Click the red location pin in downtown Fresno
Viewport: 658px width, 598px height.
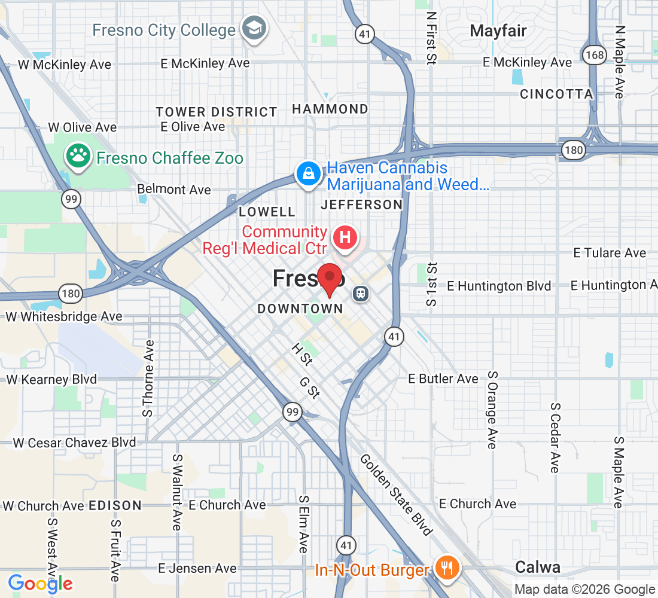click(x=329, y=279)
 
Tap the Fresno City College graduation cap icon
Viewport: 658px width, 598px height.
click(x=254, y=28)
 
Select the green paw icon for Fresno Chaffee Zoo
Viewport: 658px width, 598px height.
click(x=78, y=156)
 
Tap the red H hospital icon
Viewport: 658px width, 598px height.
click(x=345, y=237)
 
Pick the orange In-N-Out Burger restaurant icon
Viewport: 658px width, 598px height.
click(x=446, y=566)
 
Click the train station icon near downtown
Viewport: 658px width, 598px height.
click(x=361, y=293)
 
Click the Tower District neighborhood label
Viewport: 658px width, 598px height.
click(x=217, y=112)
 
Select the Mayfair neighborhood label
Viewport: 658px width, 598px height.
click(x=498, y=31)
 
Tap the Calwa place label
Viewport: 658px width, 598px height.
click(x=538, y=567)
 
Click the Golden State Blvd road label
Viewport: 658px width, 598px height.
click(x=395, y=494)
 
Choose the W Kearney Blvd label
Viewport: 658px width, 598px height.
click(x=51, y=379)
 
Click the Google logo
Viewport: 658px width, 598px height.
click(x=40, y=583)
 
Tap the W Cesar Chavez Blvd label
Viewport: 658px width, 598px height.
click(x=74, y=443)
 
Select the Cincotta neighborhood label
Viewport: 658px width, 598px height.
click(x=556, y=94)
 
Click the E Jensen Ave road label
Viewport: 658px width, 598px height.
click(x=197, y=568)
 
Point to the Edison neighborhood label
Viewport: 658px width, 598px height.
click(x=115, y=505)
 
